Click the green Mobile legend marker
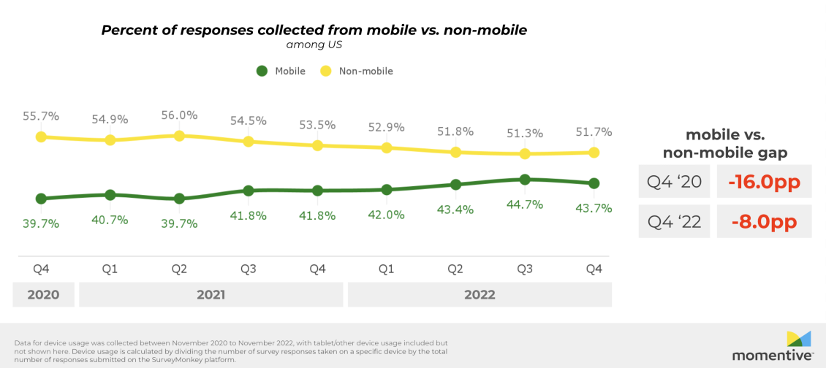point(262,71)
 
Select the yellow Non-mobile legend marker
point(325,71)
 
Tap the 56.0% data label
point(179,115)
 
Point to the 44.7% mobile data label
point(525,204)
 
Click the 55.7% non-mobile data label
point(41,116)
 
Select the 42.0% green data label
point(387,215)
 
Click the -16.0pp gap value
point(764,183)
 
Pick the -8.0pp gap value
point(764,222)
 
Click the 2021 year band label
point(211,295)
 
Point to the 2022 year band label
point(480,295)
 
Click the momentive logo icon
point(798,338)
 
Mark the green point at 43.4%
point(456,184)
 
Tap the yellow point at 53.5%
point(317,145)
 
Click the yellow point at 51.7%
point(594,152)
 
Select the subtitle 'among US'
point(314,44)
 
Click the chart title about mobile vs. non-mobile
point(314,30)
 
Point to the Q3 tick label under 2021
point(249,269)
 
